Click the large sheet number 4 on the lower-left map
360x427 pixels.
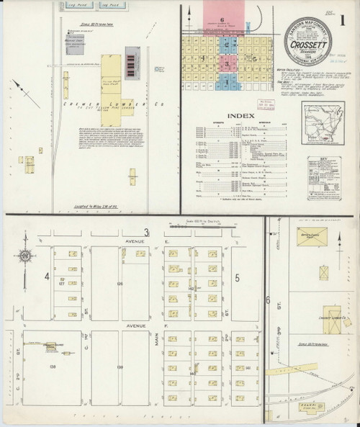(x=47, y=275)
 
